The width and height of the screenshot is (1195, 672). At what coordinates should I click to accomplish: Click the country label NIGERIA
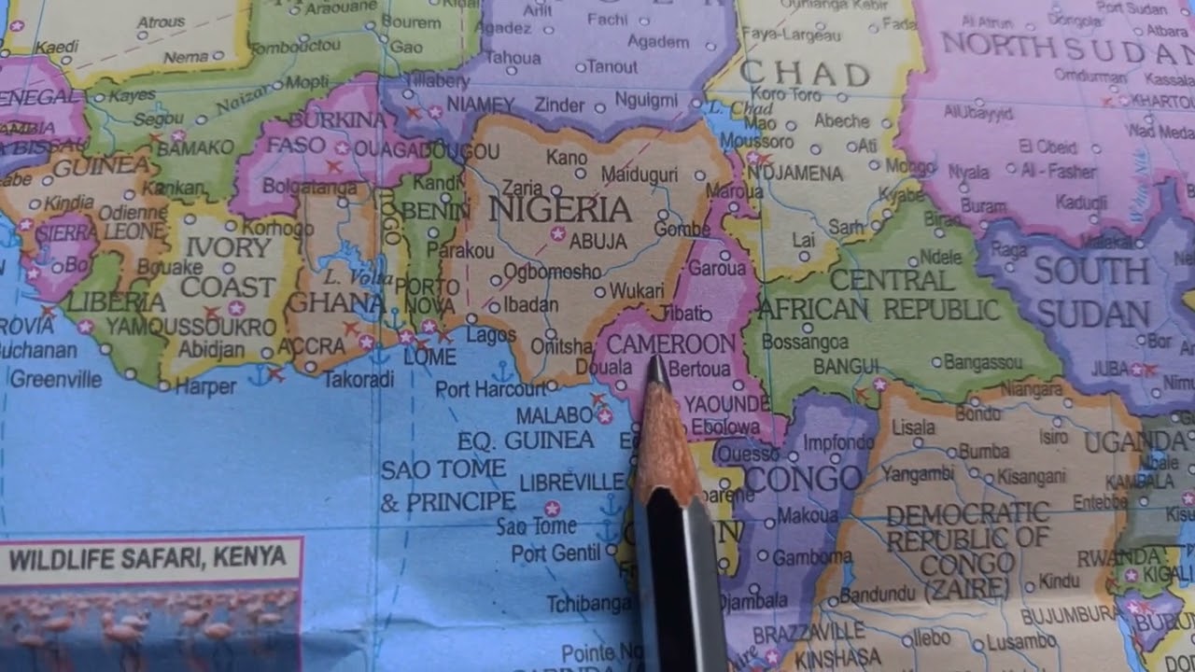click(x=560, y=209)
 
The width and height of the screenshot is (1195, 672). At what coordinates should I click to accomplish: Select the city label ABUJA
click(x=598, y=241)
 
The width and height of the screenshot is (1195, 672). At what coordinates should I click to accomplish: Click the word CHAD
click(x=805, y=74)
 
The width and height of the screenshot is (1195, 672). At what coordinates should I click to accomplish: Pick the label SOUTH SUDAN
click(x=1091, y=292)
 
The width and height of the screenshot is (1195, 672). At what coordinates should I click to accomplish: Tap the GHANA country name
click(x=336, y=302)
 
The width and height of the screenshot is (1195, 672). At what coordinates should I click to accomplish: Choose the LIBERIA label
click(x=116, y=301)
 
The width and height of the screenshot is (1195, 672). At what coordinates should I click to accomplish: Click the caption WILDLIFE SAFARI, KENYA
click(x=148, y=558)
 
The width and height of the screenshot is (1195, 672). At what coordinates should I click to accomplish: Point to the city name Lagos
click(x=490, y=334)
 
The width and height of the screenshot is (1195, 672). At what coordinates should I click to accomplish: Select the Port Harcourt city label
click(x=490, y=389)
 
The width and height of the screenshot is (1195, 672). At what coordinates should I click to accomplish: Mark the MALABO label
click(x=555, y=415)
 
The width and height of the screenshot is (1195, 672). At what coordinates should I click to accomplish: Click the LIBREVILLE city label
click(x=571, y=482)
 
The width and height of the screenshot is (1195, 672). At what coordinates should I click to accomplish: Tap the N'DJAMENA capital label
click(x=795, y=173)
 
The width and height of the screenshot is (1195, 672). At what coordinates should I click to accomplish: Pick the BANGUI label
click(x=846, y=366)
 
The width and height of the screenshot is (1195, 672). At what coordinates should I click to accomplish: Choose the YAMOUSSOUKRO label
click(x=190, y=327)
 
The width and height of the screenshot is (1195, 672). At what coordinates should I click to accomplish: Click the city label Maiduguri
click(x=640, y=175)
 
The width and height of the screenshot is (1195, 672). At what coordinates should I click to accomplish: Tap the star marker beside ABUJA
click(x=558, y=233)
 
